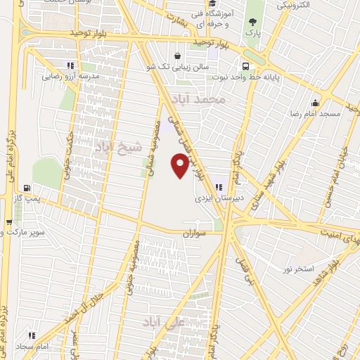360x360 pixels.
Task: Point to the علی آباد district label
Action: tap(162, 322)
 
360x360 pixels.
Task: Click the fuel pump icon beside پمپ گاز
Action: tap(27, 188)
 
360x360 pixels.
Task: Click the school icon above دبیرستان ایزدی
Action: tap(219, 187)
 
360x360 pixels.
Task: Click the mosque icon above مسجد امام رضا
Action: tap(316, 103)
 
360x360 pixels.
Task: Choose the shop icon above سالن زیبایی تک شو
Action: tap(177, 55)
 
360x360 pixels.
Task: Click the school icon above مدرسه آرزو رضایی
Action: tap(70, 65)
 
